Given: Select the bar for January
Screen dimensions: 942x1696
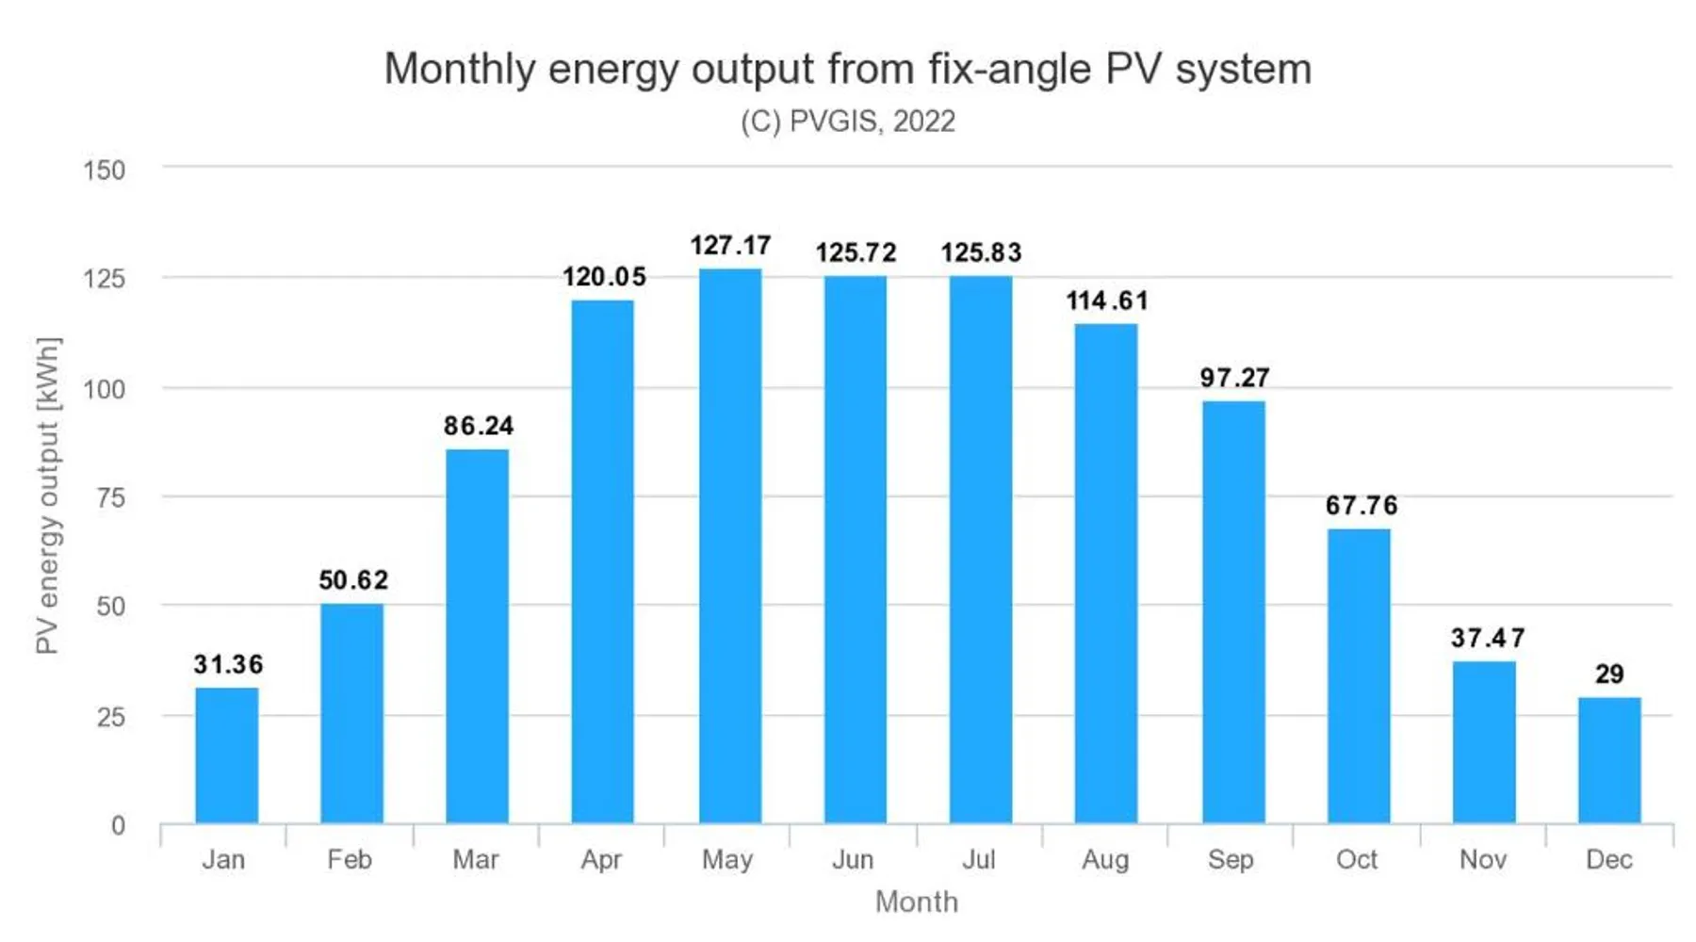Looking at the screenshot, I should pos(226,755).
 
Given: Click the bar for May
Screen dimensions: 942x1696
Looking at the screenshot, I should pos(730,546).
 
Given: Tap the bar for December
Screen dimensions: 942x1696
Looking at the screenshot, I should pos(1609,760).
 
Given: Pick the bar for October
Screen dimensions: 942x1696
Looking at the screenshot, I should pos(1359,676).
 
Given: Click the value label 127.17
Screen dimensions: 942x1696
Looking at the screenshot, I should pos(730,246).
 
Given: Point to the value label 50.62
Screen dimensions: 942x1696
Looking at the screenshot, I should pos(353,580).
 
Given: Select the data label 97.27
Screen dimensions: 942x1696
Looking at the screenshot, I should pos(1234,378).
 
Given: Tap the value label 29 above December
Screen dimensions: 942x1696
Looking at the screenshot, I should pos(1609,674).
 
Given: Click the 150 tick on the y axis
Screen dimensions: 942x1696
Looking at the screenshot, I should pos(105,171).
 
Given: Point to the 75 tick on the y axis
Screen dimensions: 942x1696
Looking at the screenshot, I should pos(110,497).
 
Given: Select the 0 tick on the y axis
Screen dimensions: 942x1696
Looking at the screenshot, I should pos(118,826).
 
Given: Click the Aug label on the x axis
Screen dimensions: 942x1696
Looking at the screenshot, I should pos(1105,859).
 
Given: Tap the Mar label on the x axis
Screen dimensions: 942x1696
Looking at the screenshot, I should pos(476,859).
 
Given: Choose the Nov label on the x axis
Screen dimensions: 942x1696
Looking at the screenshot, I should pos(1483,859).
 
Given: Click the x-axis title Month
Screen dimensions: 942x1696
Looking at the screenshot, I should pos(916,901).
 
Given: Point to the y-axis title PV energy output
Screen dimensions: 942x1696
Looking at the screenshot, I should pos(47,495).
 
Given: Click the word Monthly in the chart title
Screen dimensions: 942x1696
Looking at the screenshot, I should pos(459,70).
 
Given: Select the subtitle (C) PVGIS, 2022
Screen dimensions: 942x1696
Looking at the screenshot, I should pos(848,122).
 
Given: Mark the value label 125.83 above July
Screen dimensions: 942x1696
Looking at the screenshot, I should pos(981,252).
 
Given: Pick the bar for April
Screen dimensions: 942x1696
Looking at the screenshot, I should pos(603,562).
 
